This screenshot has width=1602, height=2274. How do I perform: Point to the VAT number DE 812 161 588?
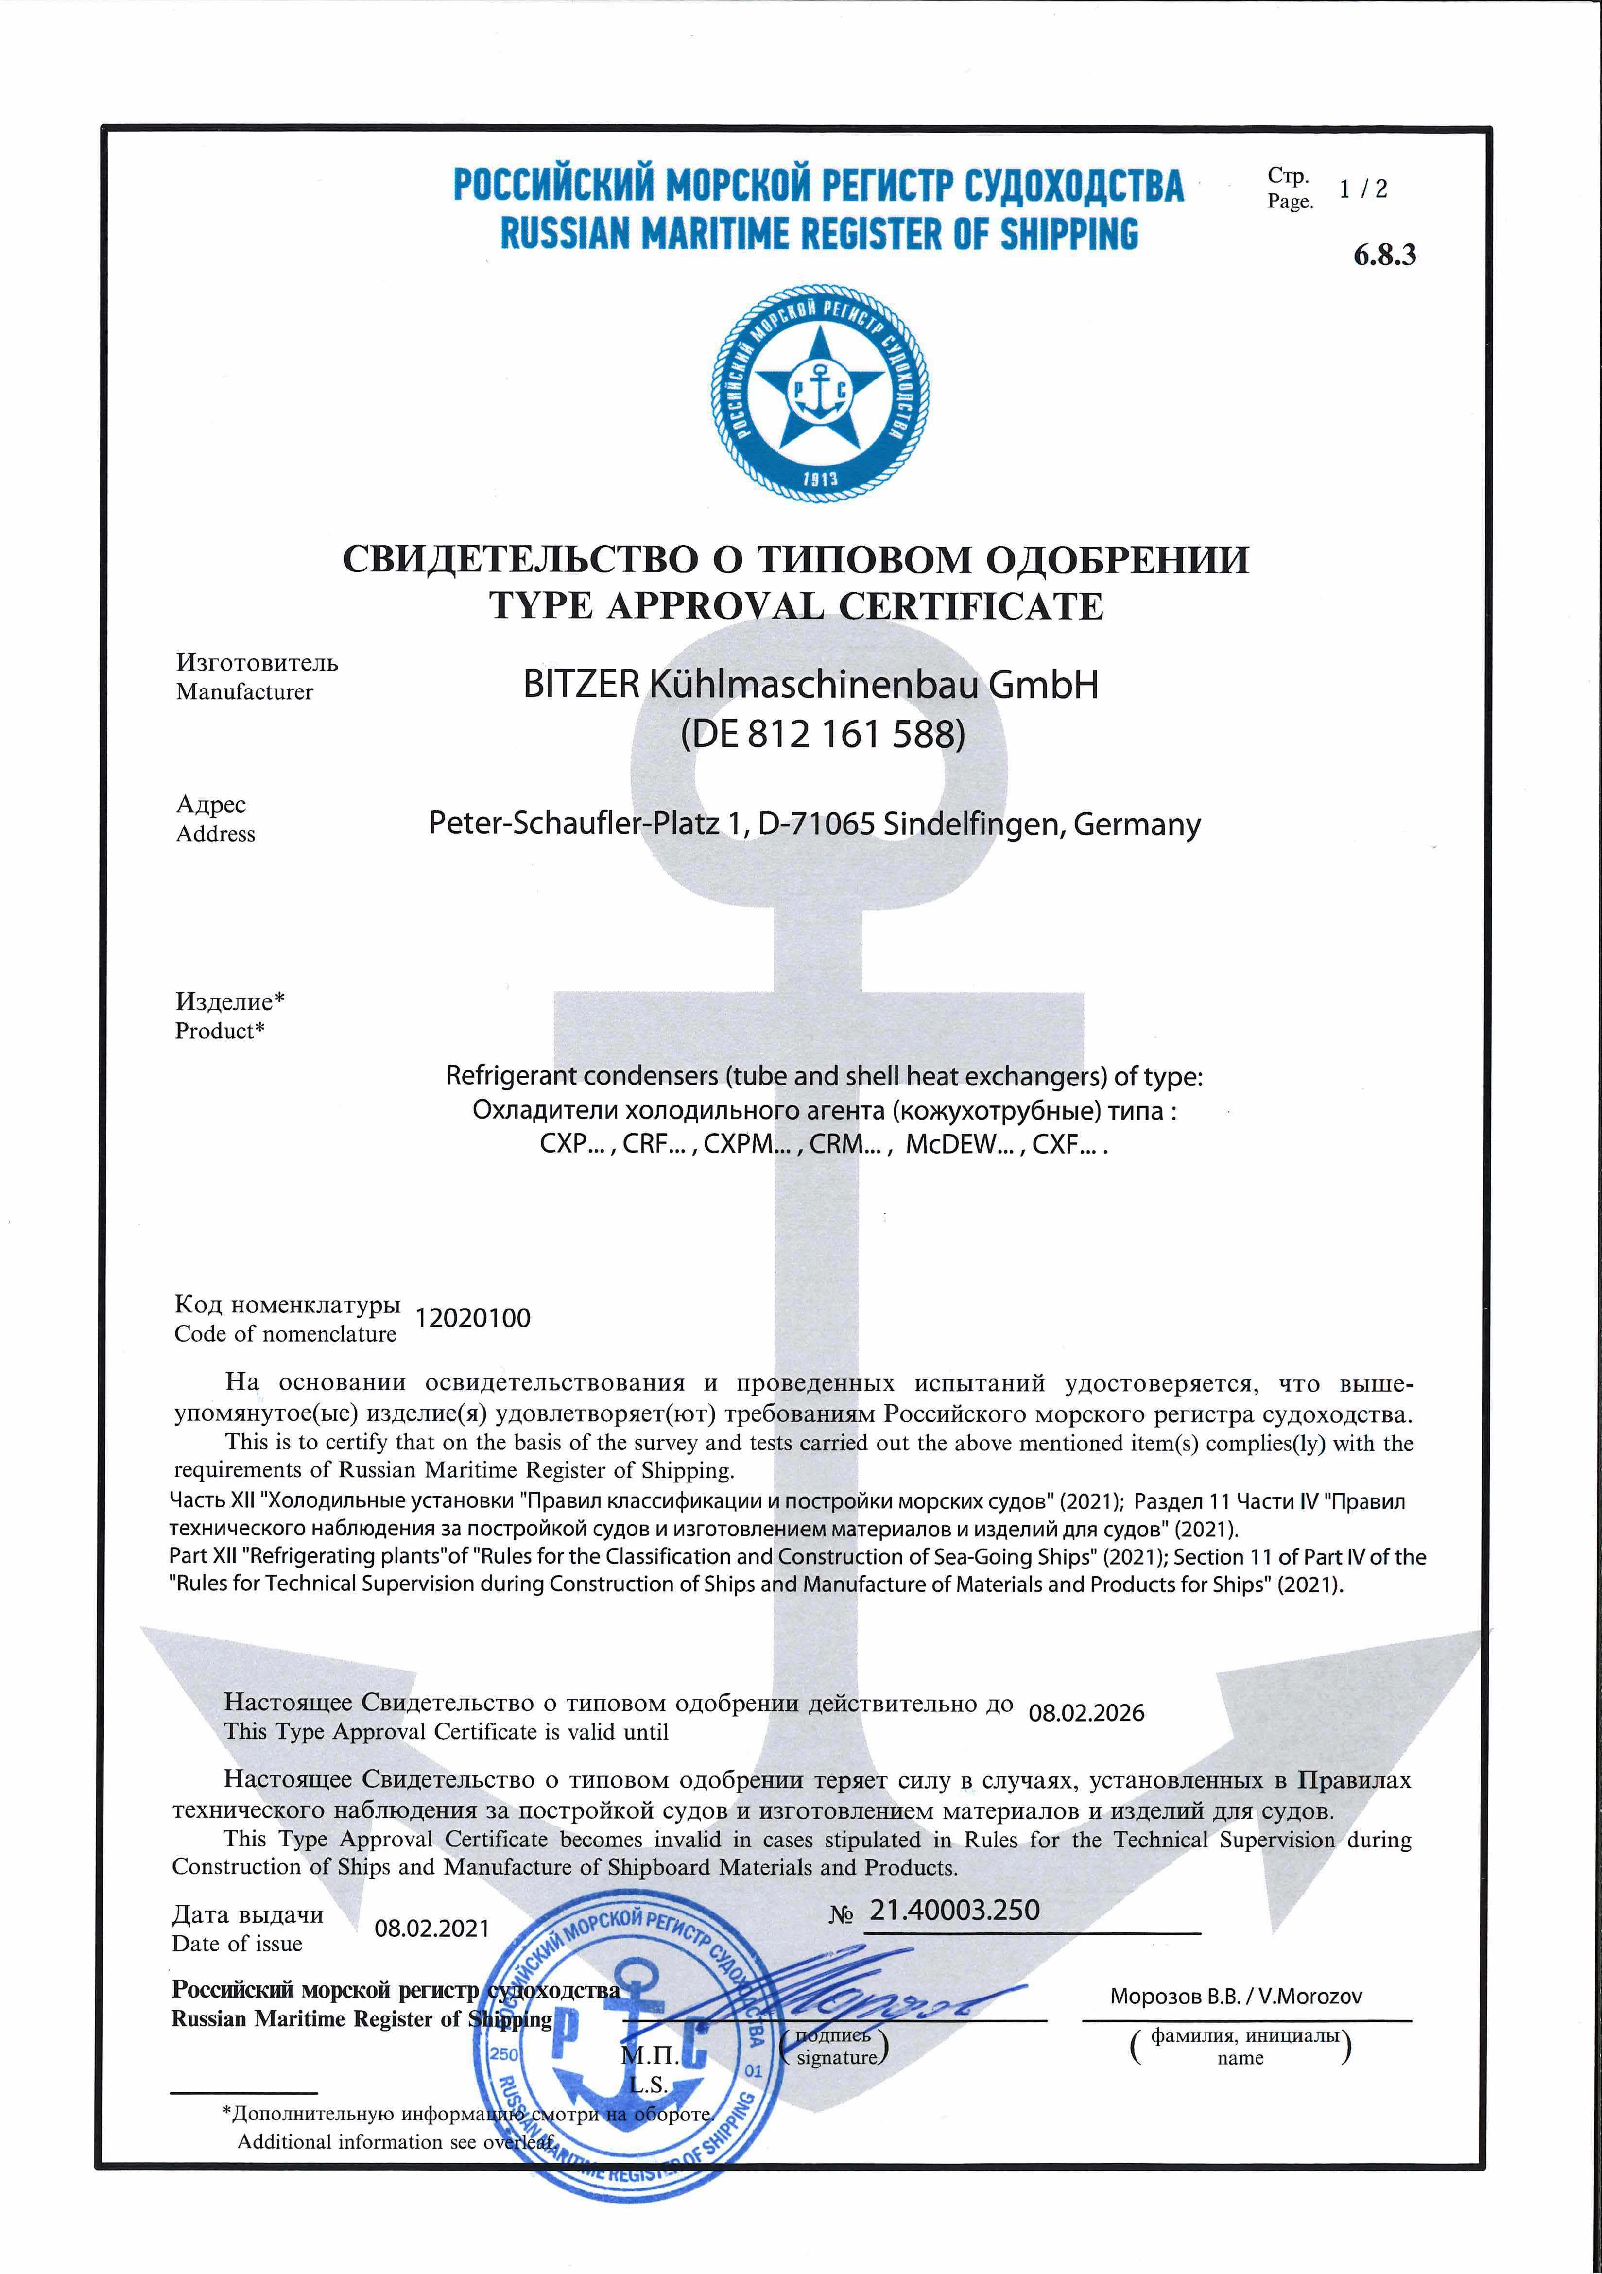(822, 734)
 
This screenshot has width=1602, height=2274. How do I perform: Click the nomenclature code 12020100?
(473, 1318)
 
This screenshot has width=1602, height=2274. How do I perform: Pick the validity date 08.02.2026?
(1086, 1712)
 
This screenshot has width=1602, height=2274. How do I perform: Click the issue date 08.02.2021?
(431, 1929)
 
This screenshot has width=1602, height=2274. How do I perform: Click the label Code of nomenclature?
(285, 1334)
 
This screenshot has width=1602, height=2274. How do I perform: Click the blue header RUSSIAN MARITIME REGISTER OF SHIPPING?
(819, 234)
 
